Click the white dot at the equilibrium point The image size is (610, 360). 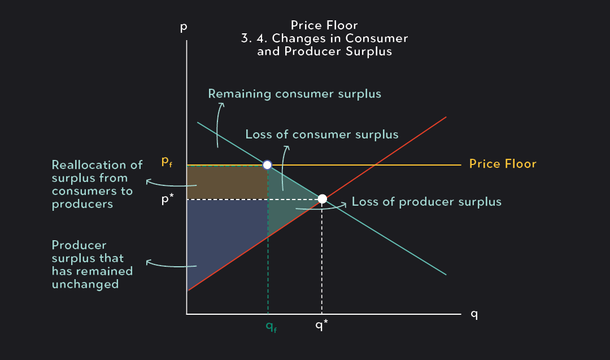point(322,199)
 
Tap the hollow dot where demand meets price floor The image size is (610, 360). point(267,165)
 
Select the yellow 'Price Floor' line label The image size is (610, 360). point(502,164)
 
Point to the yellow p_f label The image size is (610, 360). point(167,162)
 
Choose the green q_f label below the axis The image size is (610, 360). point(272,327)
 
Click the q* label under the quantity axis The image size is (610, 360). point(321,326)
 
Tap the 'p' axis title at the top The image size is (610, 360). point(183,27)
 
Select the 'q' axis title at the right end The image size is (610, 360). point(474,315)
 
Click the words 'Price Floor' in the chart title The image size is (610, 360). point(324,25)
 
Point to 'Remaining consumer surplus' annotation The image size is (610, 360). point(294,94)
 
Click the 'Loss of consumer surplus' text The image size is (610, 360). point(321,135)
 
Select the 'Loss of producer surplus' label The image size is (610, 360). point(426,202)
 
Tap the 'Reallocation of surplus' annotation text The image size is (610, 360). point(97,184)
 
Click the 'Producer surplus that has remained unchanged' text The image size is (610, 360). point(92,264)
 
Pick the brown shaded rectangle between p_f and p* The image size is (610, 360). point(226,182)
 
